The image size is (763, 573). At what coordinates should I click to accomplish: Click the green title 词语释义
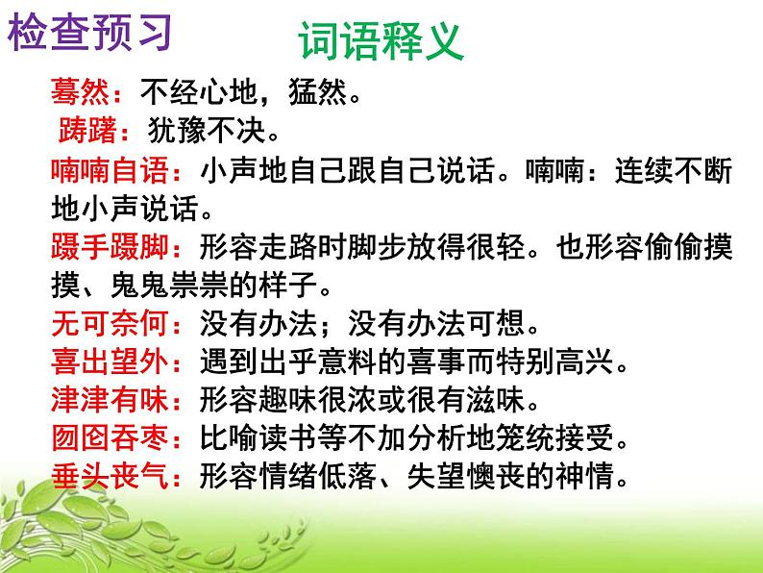(x=381, y=44)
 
